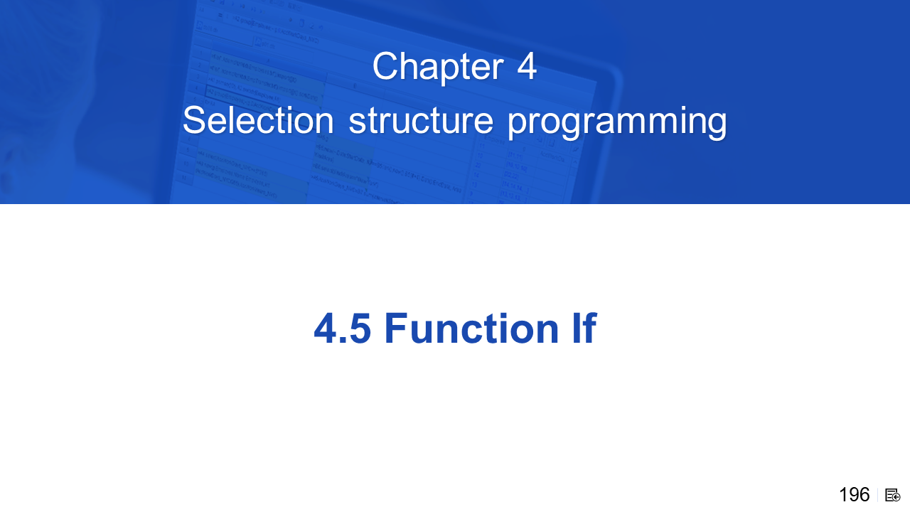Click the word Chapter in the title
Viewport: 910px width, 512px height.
pos(438,67)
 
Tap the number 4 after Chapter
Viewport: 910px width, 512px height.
pos(527,65)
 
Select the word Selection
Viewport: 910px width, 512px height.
pos(258,120)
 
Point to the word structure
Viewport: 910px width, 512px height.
pos(421,121)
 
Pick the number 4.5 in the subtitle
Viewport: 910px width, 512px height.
pos(342,329)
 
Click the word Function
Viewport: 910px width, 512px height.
pos(471,328)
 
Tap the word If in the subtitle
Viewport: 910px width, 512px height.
pos(584,328)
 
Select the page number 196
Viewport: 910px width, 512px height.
pos(855,495)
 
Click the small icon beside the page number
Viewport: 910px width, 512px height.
pos(892,496)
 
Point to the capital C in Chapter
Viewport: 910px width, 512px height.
pos(385,65)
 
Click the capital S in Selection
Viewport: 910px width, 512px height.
pos(196,120)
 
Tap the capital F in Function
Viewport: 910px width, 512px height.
pos(396,328)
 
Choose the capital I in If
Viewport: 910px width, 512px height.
pos(576,328)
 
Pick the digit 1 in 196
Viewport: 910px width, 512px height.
pos(843,495)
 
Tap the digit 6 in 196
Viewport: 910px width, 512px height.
pos(864,495)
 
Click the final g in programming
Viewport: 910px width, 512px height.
pos(717,126)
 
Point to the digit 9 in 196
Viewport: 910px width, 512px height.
pos(854,495)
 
